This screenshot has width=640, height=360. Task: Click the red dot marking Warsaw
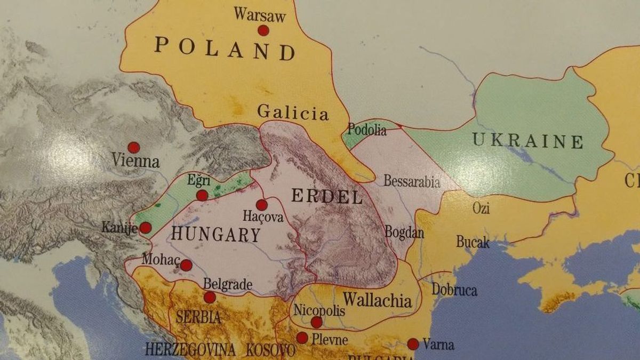(263, 30)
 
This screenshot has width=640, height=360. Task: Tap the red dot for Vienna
(133, 147)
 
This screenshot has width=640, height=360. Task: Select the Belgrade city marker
(210, 297)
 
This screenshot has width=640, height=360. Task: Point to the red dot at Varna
(413, 344)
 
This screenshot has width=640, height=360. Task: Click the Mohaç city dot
(186, 265)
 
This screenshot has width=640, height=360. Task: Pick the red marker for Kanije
(145, 228)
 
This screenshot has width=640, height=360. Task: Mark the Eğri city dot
(202, 195)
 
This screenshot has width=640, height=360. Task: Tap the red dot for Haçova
(261, 205)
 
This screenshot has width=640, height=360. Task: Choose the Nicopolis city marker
(316, 322)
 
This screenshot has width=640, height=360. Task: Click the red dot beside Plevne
(302, 338)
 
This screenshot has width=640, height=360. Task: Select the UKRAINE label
(527, 141)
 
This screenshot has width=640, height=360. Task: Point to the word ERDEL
(327, 196)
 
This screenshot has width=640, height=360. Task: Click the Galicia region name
(292, 113)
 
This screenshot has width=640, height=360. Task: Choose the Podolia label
(366, 129)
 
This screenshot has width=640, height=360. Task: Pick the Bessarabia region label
(412, 181)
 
